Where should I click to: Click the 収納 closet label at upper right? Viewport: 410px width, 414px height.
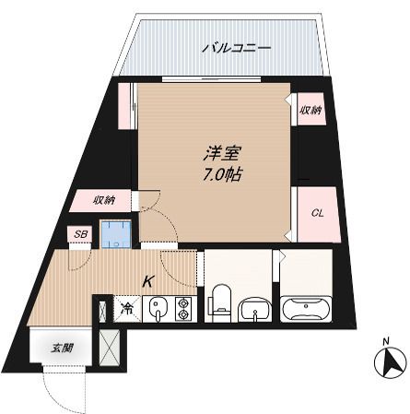coord(310,111)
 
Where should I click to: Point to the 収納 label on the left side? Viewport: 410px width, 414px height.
coord(104,200)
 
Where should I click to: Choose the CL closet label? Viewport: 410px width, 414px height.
coord(316,213)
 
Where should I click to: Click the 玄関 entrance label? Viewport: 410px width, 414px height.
coord(61,348)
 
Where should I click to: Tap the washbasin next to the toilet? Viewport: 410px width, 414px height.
coord(250,310)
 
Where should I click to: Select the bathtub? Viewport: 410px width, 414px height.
coord(304,309)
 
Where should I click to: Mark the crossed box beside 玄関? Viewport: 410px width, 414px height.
coord(109,349)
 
